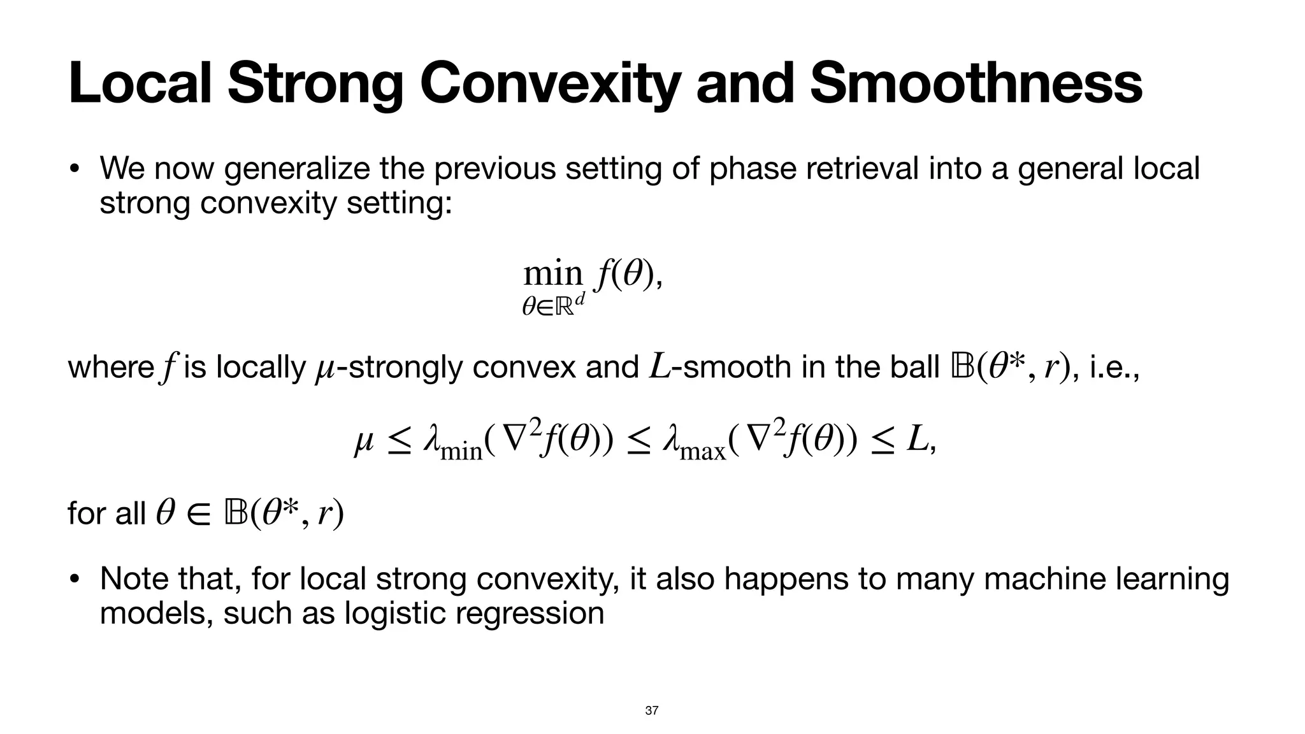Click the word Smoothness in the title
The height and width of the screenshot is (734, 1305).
976,84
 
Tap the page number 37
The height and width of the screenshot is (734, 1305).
652,710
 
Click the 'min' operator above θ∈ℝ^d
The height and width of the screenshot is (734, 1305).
552,274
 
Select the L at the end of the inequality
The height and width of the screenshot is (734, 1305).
916,440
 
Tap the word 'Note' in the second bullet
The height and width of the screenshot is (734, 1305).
134,579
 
